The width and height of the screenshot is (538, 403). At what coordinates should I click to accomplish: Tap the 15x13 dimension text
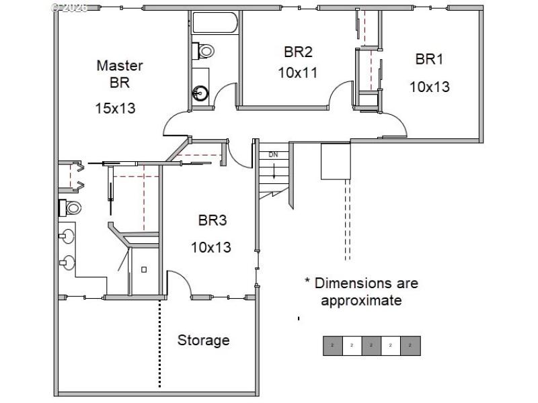point(115,107)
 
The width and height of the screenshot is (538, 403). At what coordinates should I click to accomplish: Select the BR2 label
point(298,52)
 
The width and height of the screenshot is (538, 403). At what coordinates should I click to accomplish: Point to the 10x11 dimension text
point(298,73)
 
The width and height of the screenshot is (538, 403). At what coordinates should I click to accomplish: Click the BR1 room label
point(429,59)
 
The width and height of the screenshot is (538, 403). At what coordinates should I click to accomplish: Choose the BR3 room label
point(212,220)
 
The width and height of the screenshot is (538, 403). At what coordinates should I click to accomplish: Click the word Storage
point(203,341)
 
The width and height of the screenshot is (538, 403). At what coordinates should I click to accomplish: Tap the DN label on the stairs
point(273,154)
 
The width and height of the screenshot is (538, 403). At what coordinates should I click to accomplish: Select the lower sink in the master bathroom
point(67,262)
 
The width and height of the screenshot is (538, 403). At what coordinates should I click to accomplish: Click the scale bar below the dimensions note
point(371,345)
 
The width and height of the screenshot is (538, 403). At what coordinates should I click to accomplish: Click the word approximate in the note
point(361,300)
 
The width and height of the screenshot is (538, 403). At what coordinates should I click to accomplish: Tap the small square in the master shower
point(144,269)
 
